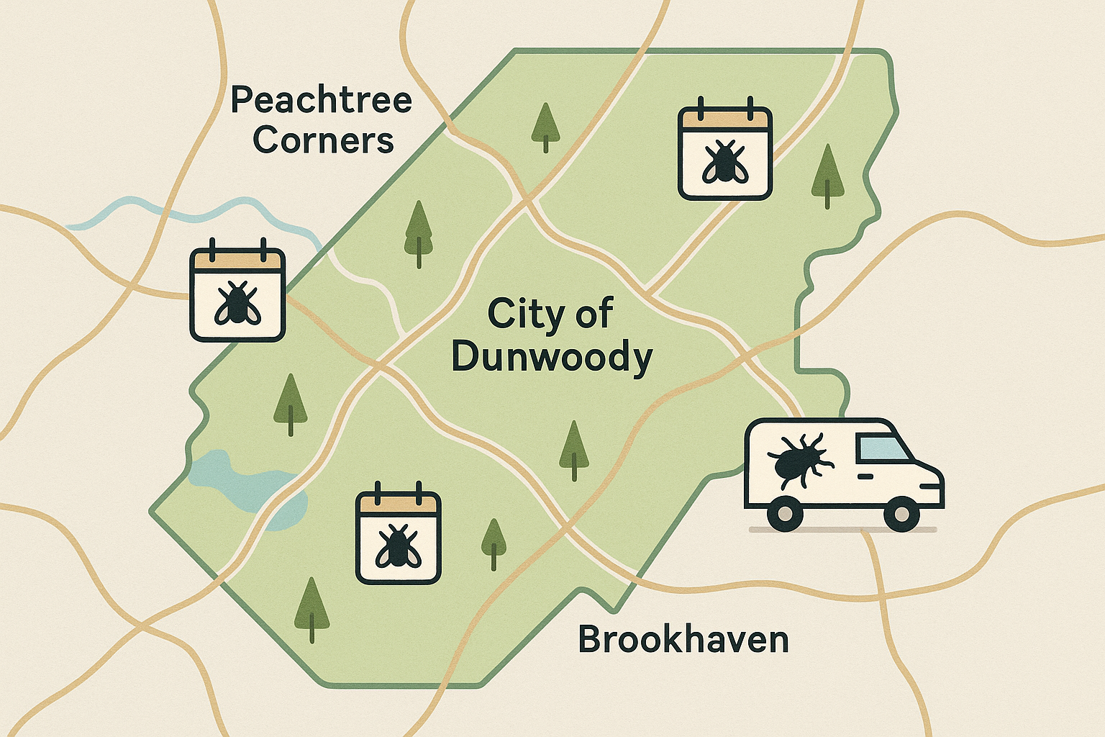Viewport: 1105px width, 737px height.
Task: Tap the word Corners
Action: (324, 140)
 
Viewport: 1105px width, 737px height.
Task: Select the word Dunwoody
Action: (552, 358)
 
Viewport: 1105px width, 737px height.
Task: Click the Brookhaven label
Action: (683, 639)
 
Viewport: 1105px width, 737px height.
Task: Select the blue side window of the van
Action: (881, 450)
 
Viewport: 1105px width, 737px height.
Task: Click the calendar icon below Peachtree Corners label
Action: (237, 294)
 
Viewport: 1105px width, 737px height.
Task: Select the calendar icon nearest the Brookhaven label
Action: (398, 538)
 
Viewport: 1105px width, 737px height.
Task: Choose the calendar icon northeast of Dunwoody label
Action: (724, 153)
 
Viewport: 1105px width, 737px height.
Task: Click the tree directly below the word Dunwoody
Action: (573, 450)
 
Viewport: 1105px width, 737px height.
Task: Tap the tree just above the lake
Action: (290, 403)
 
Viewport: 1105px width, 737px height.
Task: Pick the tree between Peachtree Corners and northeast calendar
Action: (545, 127)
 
